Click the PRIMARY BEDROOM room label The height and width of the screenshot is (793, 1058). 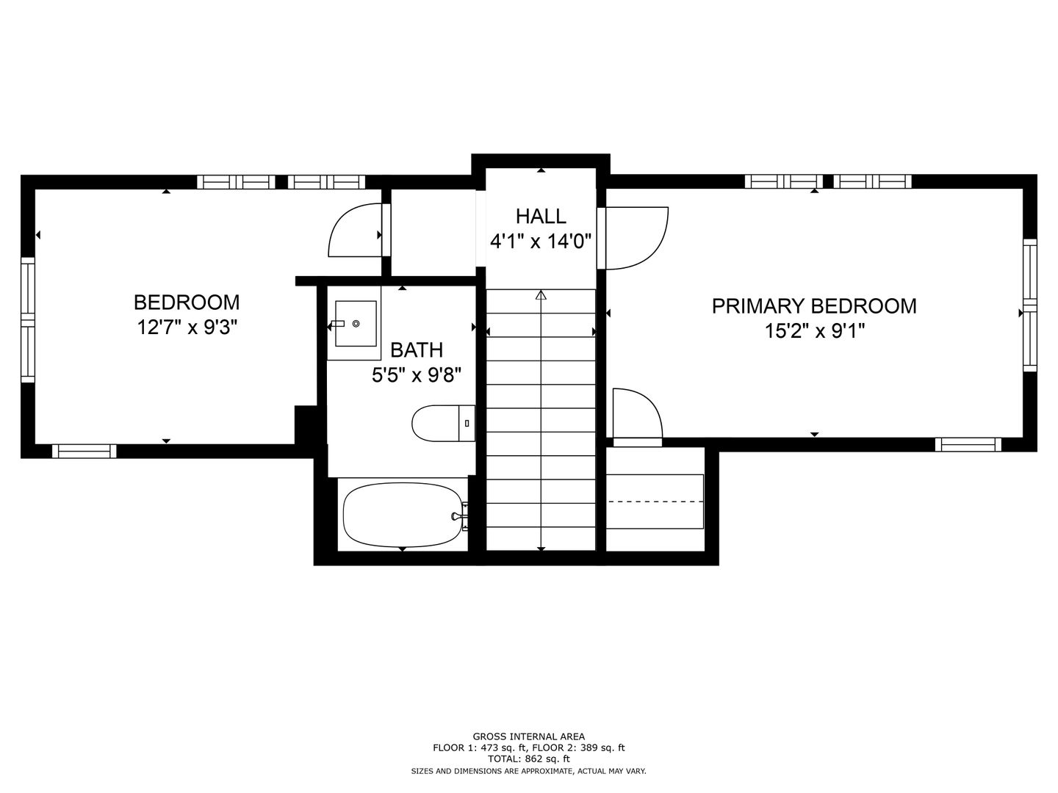(814, 306)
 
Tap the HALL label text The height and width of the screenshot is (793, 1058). (541, 217)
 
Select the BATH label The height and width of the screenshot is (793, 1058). (417, 350)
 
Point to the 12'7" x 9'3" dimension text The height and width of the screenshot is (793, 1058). (187, 328)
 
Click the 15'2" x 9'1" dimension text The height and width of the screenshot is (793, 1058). (815, 331)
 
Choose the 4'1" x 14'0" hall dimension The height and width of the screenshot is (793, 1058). (541, 241)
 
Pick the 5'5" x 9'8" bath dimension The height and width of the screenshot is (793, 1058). (417, 374)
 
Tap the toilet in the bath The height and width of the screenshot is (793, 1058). (443, 423)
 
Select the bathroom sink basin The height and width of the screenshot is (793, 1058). (356, 324)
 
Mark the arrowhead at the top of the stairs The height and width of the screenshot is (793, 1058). (541, 294)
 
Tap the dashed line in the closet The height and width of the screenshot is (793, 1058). (655, 501)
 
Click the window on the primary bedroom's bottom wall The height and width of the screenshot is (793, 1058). (968, 444)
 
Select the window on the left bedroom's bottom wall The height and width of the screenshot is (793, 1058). (84, 451)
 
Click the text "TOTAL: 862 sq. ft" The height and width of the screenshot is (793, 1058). (528, 758)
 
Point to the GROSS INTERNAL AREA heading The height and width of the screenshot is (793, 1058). (528, 736)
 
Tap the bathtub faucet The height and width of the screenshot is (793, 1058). (458, 516)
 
